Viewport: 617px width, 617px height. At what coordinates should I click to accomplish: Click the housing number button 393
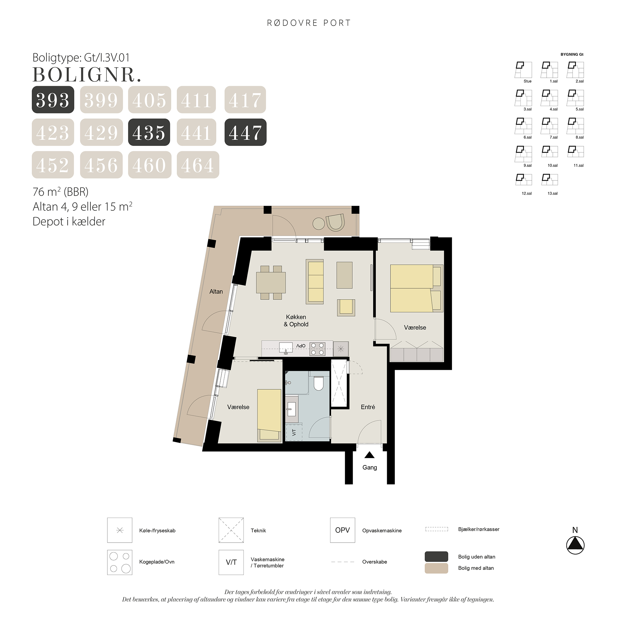click(x=53, y=100)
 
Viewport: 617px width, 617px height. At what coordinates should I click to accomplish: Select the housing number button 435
click(x=149, y=132)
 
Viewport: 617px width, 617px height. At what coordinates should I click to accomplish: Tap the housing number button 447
click(x=245, y=132)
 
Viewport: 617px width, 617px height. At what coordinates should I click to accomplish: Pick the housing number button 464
click(x=198, y=165)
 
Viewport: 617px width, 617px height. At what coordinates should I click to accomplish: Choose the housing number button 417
click(x=245, y=100)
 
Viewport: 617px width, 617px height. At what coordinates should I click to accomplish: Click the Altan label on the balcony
click(x=216, y=292)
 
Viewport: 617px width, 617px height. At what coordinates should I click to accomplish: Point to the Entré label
click(x=368, y=407)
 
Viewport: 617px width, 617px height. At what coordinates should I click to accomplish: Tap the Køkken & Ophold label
click(x=296, y=321)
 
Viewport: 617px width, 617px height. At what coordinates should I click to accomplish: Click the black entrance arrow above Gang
click(x=370, y=455)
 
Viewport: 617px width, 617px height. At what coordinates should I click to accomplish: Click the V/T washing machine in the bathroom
click(x=294, y=433)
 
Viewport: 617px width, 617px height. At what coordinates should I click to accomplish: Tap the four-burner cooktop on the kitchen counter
click(x=317, y=349)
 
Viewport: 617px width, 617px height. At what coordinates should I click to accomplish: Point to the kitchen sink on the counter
click(x=286, y=348)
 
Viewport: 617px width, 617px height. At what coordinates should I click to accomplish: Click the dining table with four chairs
click(x=271, y=283)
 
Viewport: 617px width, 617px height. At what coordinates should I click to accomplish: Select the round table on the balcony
click(x=319, y=224)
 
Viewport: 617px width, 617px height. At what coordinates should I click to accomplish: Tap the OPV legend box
click(x=342, y=530)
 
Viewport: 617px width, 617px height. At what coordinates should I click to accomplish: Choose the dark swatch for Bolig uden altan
click(x=436, y=556)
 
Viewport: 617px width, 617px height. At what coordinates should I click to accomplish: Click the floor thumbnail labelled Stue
click(x=523, y=70)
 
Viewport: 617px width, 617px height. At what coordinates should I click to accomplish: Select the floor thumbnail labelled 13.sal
click(x=550, y=180)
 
